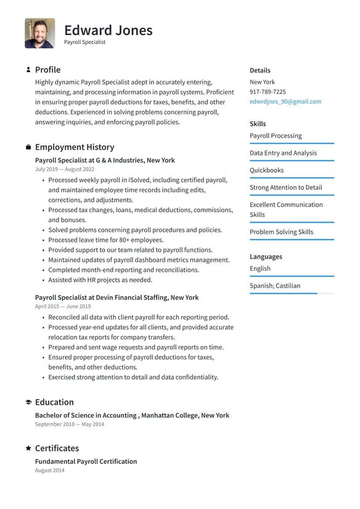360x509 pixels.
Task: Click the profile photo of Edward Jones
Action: point(39,33)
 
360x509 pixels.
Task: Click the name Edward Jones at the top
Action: point(108,30)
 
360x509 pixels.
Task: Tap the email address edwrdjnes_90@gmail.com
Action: point(285,101)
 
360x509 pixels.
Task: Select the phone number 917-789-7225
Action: point(268,91)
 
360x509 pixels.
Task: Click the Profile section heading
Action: point(47,70)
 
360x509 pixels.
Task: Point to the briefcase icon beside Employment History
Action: point(28,147)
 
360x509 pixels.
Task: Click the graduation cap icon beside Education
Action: point(28,402)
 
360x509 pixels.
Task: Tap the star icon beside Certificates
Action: point(28,449)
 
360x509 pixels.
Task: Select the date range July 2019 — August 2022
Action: point(65,169)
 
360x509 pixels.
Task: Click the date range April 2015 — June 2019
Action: point(63,306)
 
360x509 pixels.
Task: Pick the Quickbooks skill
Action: point(266,170)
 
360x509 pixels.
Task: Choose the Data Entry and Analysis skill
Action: point(283,153)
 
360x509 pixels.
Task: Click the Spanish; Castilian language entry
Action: point(275,286)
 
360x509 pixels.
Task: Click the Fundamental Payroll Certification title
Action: point(86,461)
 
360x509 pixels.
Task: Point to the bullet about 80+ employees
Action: point(105,240)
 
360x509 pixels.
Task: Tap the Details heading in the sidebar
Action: point(260,70)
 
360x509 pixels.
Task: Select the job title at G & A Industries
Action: point(105,160)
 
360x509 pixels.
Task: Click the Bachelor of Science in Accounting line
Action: point(132,415)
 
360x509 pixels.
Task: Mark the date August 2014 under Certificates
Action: point(49,470)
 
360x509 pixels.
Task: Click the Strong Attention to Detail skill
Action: point(285,188)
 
